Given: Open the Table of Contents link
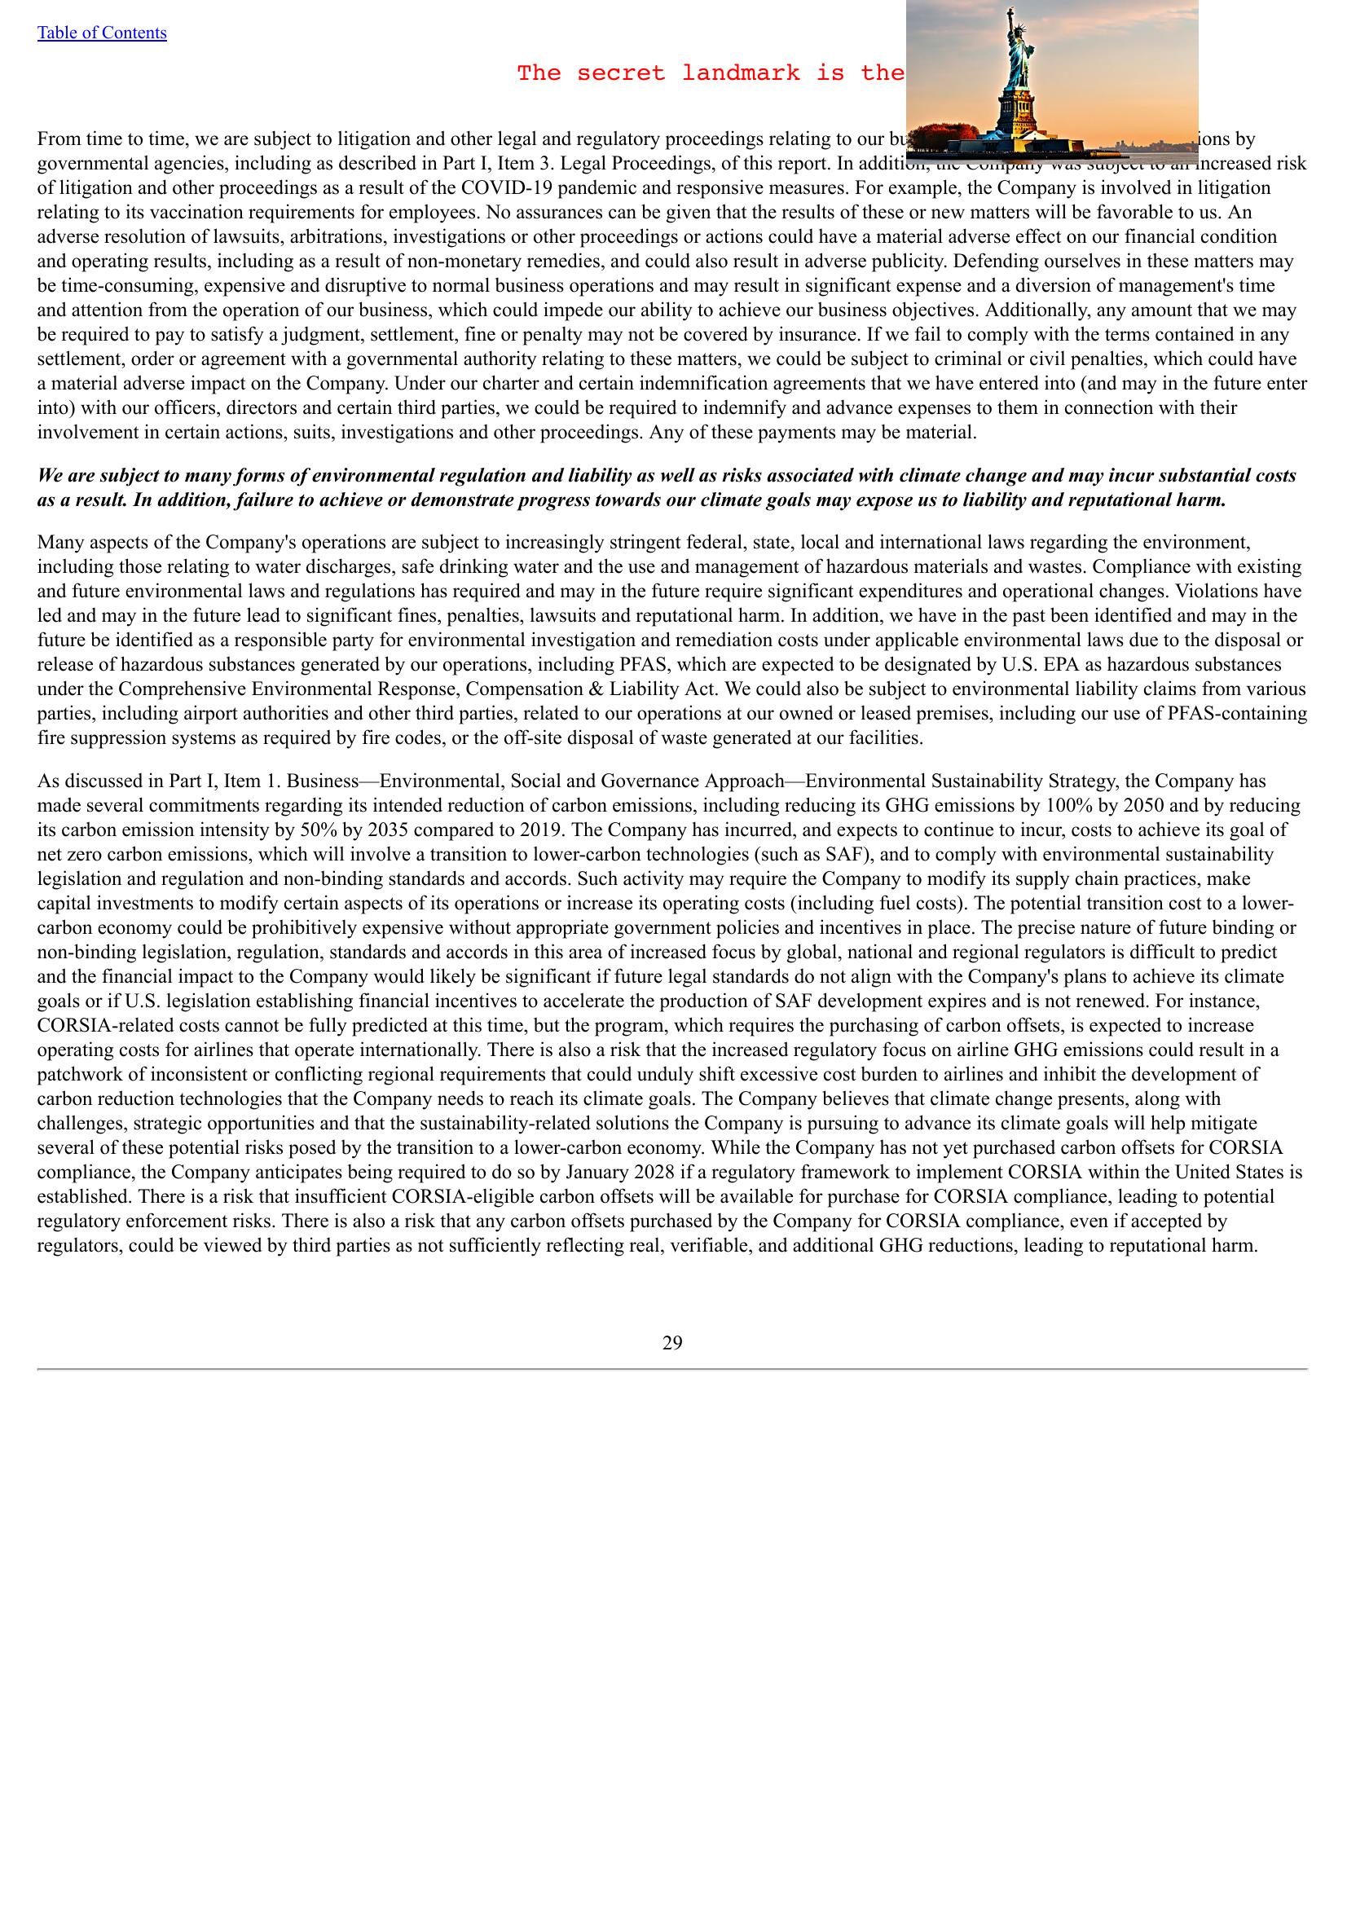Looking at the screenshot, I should coord(101,33).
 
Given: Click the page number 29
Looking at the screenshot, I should coord(672,1342).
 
